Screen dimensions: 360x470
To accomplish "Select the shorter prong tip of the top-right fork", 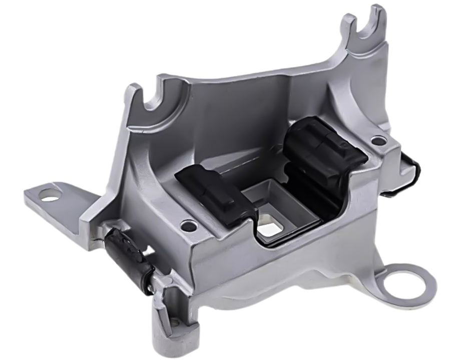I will (348, 23).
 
